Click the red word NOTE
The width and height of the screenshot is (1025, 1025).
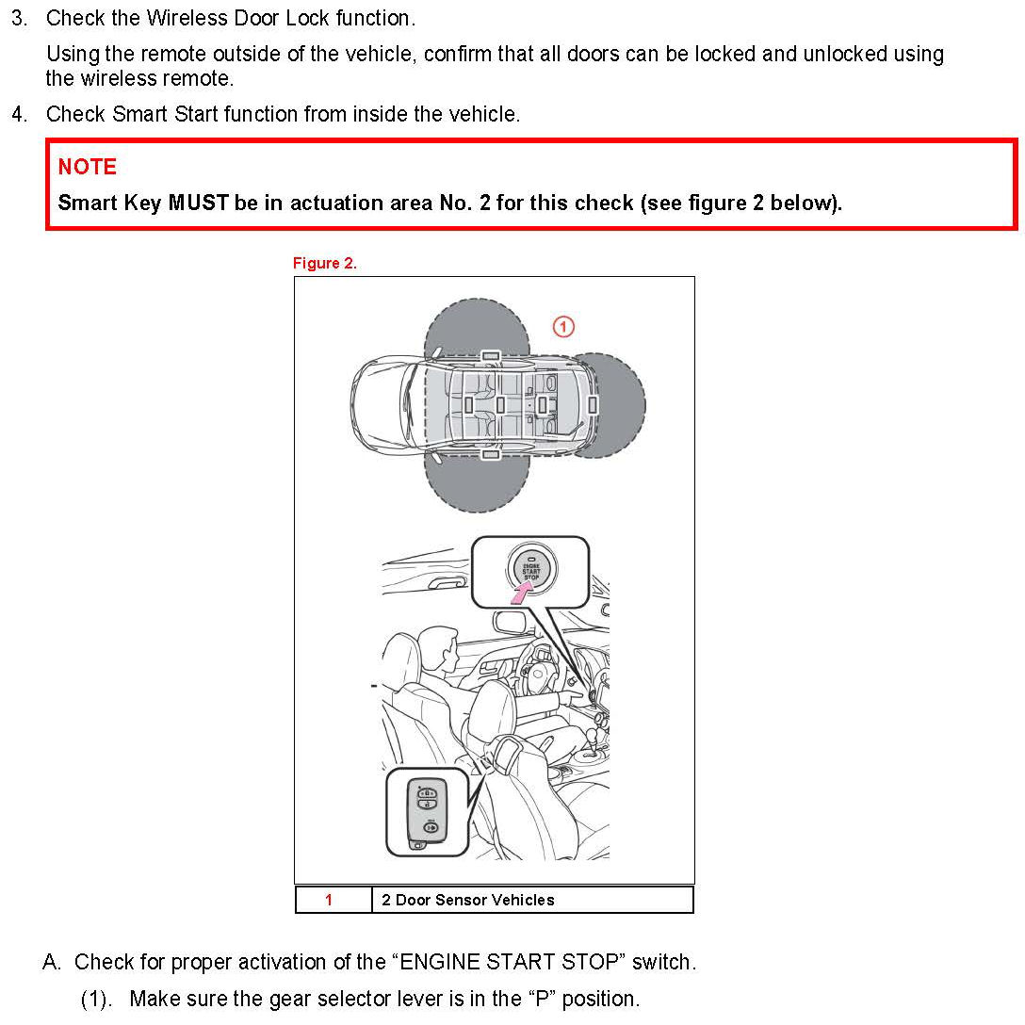click(87, 167)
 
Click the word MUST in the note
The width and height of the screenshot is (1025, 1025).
click(199, 203)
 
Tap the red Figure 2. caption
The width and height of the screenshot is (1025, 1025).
click(324, 263)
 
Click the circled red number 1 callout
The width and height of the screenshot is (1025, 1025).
click(563, 326)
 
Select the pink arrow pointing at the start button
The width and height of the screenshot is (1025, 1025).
click(521, 594)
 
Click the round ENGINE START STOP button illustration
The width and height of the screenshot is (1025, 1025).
click(530, 569)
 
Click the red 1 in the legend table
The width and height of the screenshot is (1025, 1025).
click(329, 900)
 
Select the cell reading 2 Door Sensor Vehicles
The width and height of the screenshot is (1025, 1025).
click(532, 900)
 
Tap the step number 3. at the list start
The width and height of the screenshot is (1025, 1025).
click(19, 18)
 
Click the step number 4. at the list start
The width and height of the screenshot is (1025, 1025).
click(19, 114)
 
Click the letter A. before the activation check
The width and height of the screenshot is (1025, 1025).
click(52, 962)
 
